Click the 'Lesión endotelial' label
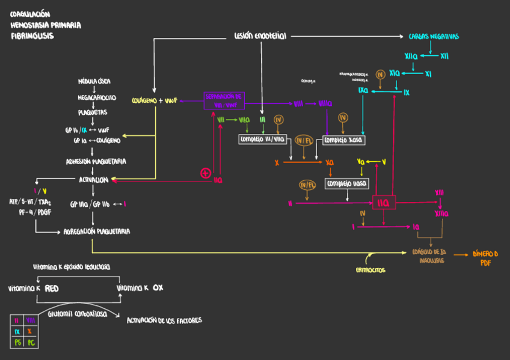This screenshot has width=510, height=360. [260, 36]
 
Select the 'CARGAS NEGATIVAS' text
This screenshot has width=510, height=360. [434, 37]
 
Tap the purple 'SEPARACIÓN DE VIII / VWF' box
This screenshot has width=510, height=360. [223, 100]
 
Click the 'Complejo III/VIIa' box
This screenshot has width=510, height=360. [263, 139]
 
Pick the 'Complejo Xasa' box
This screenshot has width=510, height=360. [345, 140]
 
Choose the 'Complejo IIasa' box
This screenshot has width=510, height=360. [346, 183]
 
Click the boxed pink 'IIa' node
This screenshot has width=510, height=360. [383, 203]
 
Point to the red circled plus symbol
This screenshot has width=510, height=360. [206, 173]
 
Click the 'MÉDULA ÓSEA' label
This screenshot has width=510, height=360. [94, 81]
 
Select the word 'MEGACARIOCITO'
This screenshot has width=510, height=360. [97, 97]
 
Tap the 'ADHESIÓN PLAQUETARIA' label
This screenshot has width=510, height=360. [96, 162]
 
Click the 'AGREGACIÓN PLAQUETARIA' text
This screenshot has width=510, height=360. [97, 231]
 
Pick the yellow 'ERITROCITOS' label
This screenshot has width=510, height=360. [370, 270]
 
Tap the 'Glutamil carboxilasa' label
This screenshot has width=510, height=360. [77, 314]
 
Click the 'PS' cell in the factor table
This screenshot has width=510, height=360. [17, 343]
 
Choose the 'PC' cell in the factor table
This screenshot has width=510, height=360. [31, 343]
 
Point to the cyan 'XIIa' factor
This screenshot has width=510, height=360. [411, 56]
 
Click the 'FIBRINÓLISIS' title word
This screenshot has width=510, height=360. [32, 36]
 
